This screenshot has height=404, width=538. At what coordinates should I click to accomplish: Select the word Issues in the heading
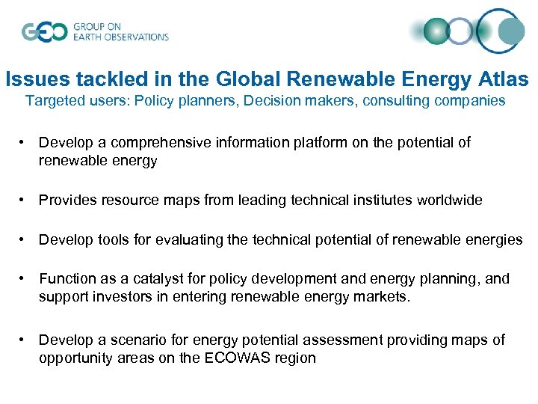click(x=31, y=79)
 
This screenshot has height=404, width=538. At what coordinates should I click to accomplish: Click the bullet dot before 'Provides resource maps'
click(x=25, y=201)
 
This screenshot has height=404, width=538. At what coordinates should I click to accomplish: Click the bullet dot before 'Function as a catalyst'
click(x=25, y=279)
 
